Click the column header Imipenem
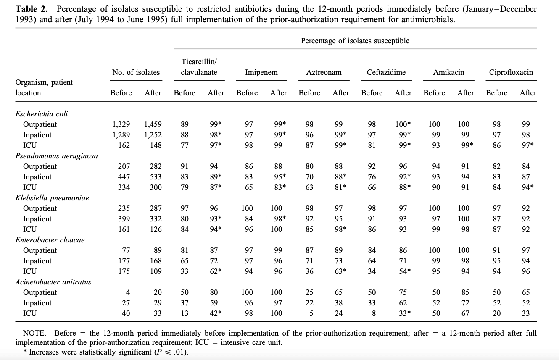(x=261, y=72)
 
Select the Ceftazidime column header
(x=386, y=72)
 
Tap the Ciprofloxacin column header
(x=511, y=72)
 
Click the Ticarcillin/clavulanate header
(x=199, y=67)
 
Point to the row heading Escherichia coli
(x=42, y=114)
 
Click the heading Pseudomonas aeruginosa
(x=56, y=156)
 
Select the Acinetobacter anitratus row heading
(x=54, y=282)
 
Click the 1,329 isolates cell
(x=121, y=124)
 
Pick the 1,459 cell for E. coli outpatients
(x=153, y=124)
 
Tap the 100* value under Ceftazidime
(x=403, y=124)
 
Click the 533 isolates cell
(x=155, y=177)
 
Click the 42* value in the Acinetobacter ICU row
(x=216, y=313)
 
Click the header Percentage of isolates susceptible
(x=355, y=41)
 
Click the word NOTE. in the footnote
(x=34, y=333)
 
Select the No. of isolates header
(x=136, y=72)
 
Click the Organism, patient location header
(x=44, y=88)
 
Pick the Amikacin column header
(x=448, y=72)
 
